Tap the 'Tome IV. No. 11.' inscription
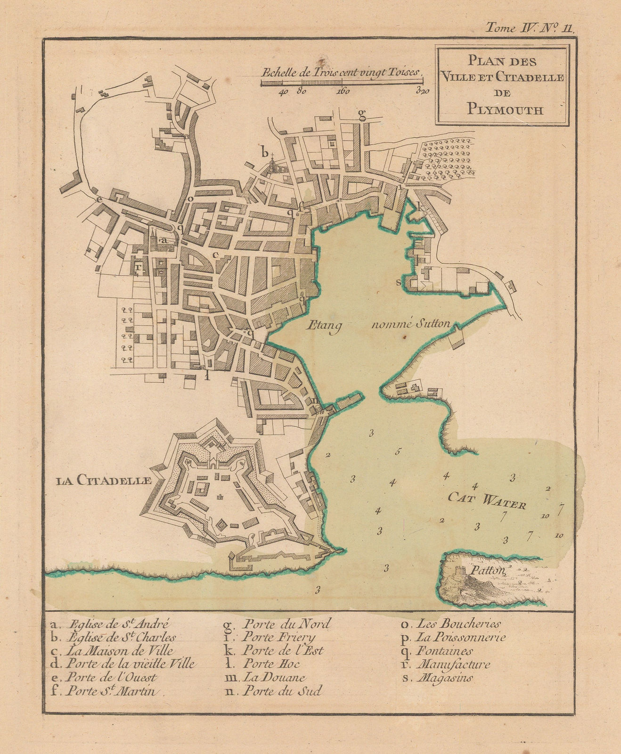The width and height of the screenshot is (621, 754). (530, 27)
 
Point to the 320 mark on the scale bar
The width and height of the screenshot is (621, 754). (423, 92)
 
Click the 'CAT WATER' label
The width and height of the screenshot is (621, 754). (486, 500)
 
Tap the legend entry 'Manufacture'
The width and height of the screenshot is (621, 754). (453, 665)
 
